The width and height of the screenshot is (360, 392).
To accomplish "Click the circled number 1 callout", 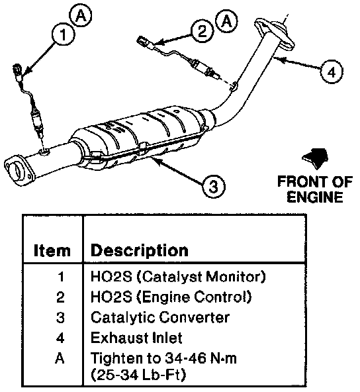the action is pyautogui.click(x=64, y=34).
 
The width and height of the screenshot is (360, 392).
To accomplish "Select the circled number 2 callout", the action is pyautogui.click(x=202, y=31).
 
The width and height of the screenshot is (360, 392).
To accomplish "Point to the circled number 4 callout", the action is pyautogui.click(x=332, y=72).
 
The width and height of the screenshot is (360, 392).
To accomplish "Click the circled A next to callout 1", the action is pyautogui.click(x=81, y=16).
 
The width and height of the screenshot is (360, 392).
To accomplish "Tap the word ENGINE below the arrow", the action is pyautogui.click(x=315, y=197).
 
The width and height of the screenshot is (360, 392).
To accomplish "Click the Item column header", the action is pyautogui.click(x=52, y=250).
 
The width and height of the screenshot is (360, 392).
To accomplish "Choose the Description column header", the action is pyautogui.click(x=140, y=251).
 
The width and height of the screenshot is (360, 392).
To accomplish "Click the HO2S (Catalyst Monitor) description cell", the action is pyautogui.click(x=178, y=277).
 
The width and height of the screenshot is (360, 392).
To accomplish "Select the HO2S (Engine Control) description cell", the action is pyautogui.click(x=171, y=297).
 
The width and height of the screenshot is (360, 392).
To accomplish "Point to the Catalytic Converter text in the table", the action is pyautogui.click(x=160, y=317).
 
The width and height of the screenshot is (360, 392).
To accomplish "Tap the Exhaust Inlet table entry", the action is pyautogui.click(x=136, y=338).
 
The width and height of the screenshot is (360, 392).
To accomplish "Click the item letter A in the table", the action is pyautogui.click(x=60, y=358).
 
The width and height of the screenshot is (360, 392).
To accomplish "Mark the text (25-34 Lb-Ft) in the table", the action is pyautogui.click(x=138, y=375).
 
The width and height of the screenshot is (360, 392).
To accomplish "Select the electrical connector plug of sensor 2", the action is pyautogui.click(x=144, y=41).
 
